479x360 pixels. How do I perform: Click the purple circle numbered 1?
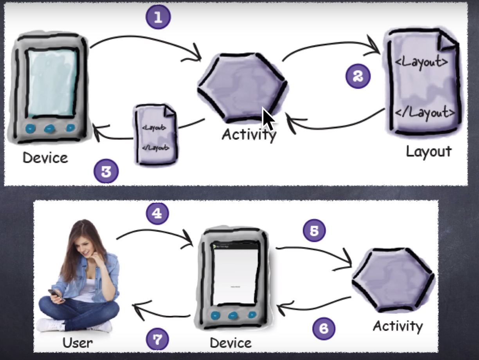(x=158, y=18)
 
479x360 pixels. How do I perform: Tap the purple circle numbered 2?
(x=358, y=76)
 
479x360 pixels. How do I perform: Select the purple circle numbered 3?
(x=106, y=172)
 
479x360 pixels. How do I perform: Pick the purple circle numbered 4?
(x=157, y=213)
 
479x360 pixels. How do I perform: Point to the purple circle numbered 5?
(x=314, y=231)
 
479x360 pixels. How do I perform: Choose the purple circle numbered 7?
(x=157, y=339)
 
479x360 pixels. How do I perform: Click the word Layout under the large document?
(x=429, y=151)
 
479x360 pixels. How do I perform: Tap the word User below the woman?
(x=77, y=343)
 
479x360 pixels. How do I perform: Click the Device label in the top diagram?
(x=45, y=158)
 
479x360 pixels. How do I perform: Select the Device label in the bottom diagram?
(x=230, y=343)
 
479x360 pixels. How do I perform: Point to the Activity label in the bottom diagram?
(x=398, y=326)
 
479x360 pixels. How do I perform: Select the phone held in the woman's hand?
(x=55, y=294)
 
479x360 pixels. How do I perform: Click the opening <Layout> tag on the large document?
(x=421, y=62)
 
